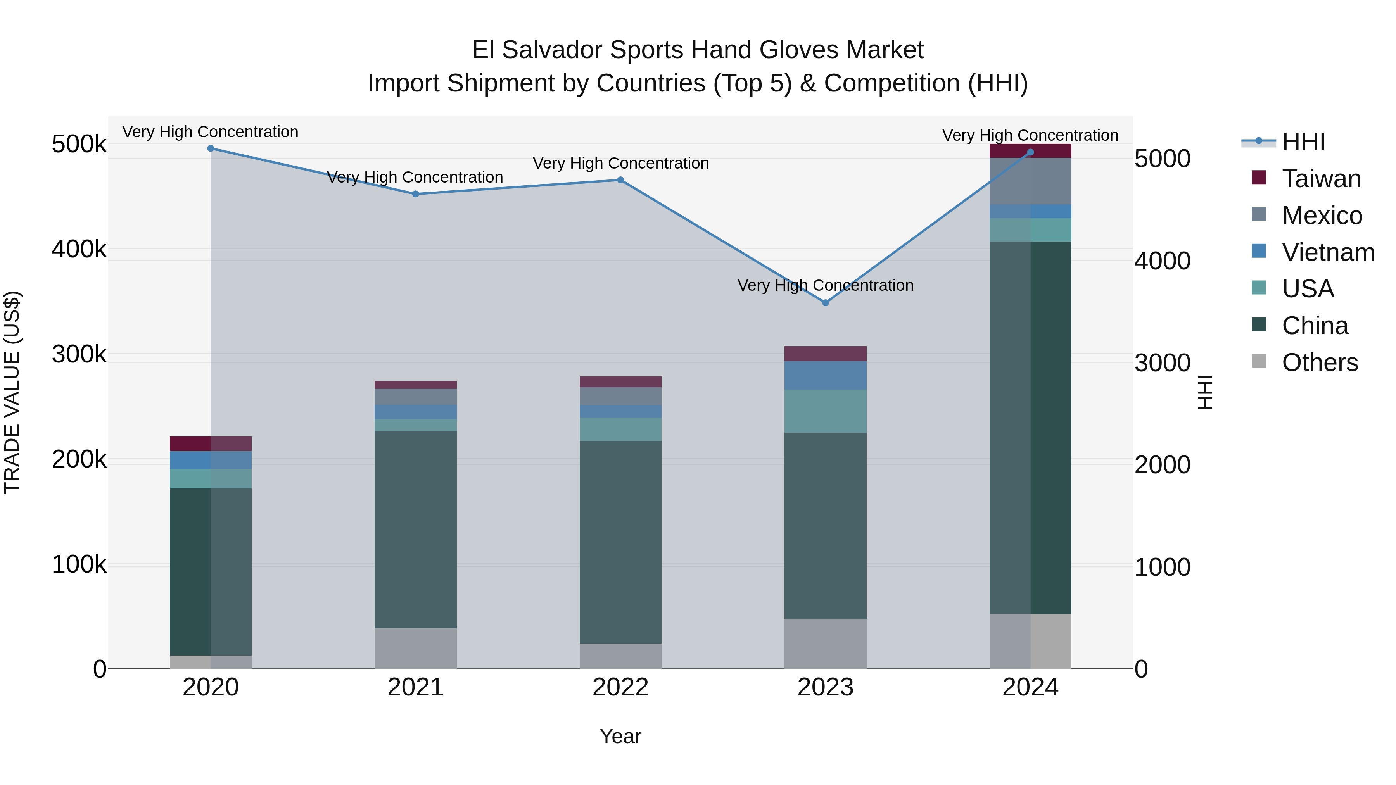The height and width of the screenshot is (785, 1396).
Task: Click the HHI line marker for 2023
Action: pyautogui.click(x=825, y=303)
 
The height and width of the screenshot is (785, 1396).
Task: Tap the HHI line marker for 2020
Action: pyautogui.click(x=211, y=148)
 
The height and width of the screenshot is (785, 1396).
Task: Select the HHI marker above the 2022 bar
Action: pyautogui.click(x=620, y=180)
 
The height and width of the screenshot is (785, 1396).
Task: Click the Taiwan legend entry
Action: pyautogui.click(x=1321, y=179)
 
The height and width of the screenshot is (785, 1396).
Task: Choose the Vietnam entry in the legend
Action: pyautogui.click(x=1328, y=252)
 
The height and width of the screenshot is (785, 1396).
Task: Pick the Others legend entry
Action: pyautogui.click(x=1319, y=362)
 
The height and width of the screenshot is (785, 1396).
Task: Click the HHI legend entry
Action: pyautogui.click(x=1303, y=142)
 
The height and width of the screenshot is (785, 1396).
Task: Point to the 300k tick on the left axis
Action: pyautogui.click(x=79, y=355)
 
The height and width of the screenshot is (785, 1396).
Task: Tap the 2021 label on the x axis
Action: pyautogui.click(x=416, y=687)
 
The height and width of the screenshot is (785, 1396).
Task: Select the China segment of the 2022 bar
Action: pyautogui.click(x=620, y=542)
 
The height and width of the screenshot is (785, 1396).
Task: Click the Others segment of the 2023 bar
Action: pyautogui.click(x=825, y=644)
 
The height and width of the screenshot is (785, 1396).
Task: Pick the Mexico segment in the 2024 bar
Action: pyautogui.click(x=1030, y=181)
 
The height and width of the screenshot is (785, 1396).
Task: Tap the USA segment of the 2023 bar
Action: pyautogui.click(x=825, y=411)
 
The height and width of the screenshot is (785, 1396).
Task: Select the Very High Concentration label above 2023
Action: pyautogui.click(x=825, y=285)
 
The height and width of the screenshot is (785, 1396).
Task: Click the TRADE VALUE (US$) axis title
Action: pyautogui.click(x=12, y=392)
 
